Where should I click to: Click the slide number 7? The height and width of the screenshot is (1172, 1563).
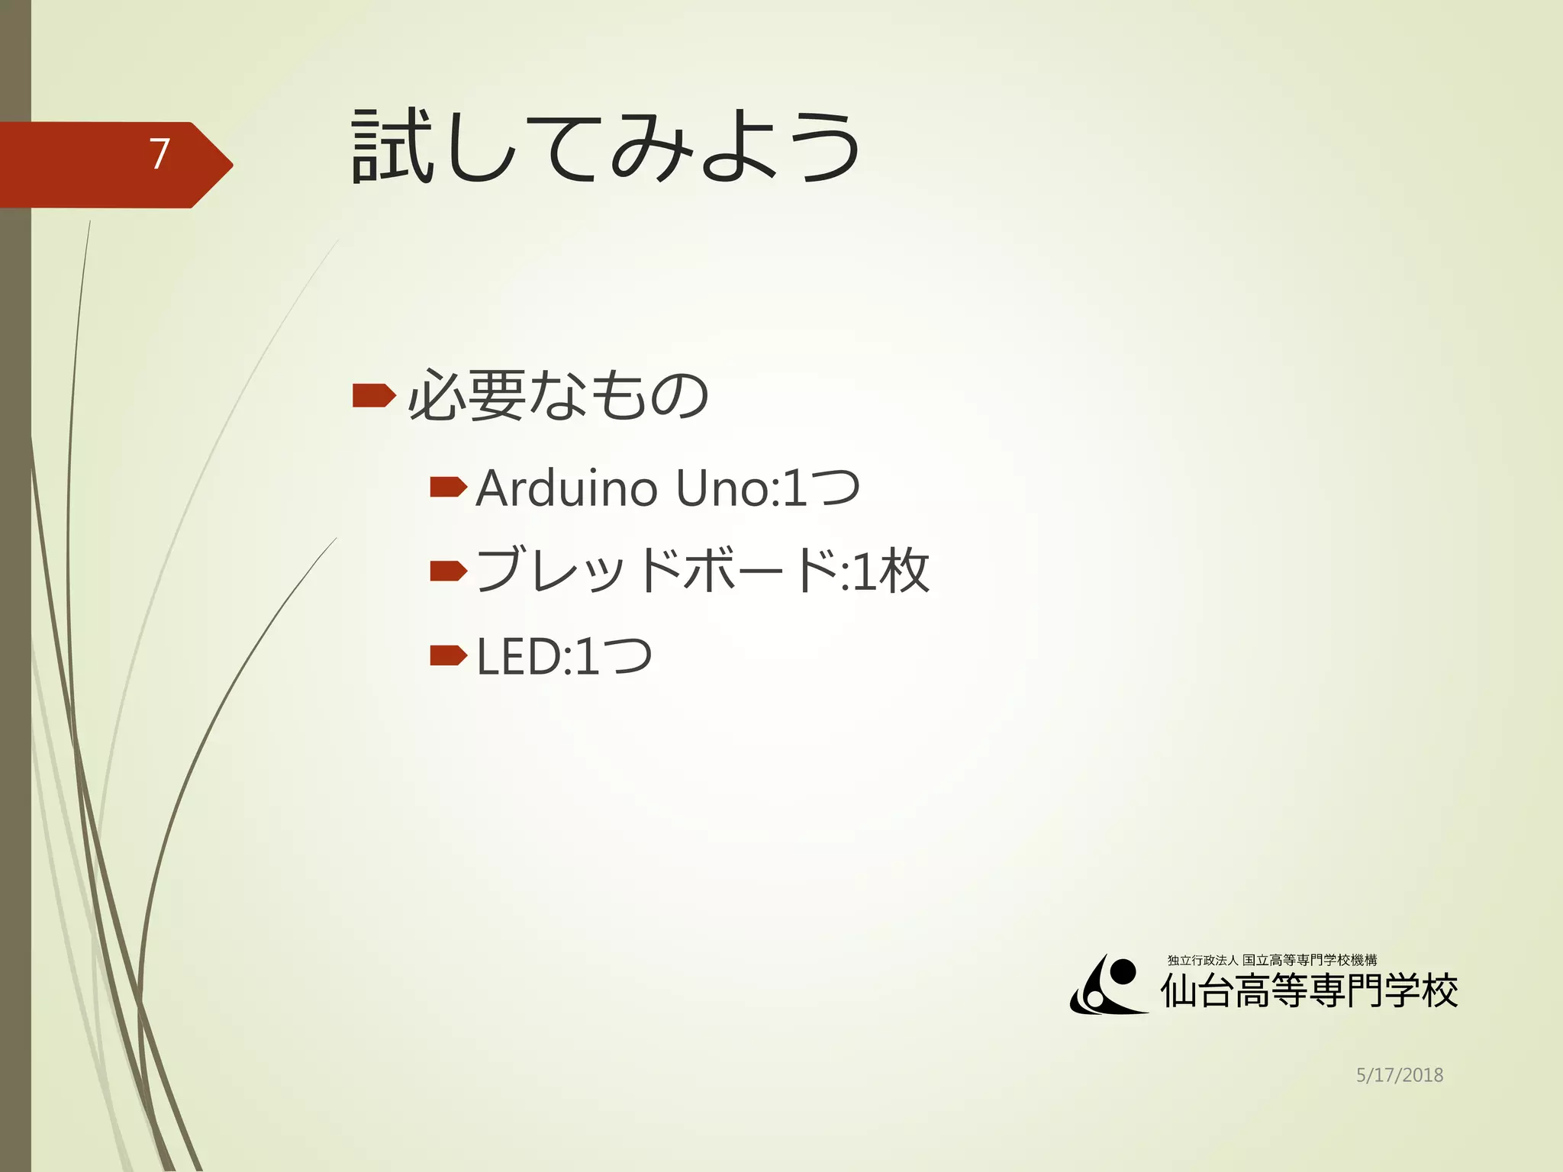[x=159, y=154]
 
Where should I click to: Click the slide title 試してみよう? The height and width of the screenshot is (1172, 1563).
[x=606, y=146]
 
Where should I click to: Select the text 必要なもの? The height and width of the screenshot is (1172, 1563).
[x=558, y=395]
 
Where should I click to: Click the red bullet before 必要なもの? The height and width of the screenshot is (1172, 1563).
[x=374, y=395]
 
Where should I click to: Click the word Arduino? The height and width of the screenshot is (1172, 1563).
[x=566, y=488]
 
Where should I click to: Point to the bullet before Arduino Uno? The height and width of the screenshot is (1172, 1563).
[x=448, y=487]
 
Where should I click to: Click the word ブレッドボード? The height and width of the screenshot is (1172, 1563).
[x=656, y=571]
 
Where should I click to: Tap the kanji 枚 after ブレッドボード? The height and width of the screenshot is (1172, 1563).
[x=904, y=571]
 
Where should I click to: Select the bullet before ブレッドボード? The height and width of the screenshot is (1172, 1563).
[x=448, y=571]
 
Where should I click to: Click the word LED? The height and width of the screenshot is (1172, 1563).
[x=518, y=656]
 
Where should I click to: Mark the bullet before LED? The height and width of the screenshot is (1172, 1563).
[x=448, y=655]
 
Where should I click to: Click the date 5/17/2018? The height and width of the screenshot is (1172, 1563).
[x=1399, y=1075]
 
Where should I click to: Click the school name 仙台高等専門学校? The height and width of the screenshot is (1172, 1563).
[x=1309, y=991]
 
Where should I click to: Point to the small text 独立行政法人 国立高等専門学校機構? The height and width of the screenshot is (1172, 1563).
[x=1271, y=960]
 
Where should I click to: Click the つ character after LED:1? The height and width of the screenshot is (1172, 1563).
[x=627, y=656]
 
